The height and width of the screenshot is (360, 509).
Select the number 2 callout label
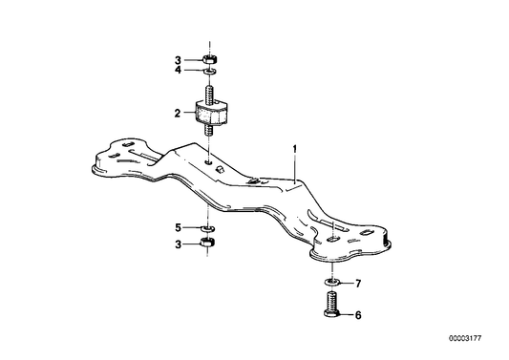(x=177, y=114)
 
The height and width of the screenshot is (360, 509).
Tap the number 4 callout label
(x=177, y=70)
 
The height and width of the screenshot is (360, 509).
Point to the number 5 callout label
(x=177, y=227)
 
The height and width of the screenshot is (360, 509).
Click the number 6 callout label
(x=359, y=313)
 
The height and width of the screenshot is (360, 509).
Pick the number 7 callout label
(x=359, y=285)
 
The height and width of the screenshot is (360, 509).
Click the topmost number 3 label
(x=177, y=58)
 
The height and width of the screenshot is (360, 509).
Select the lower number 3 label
(x=177, y=244)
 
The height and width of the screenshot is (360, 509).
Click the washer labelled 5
(x=208, y=228)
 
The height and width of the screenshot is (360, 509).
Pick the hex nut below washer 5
(x=208, y=244)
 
